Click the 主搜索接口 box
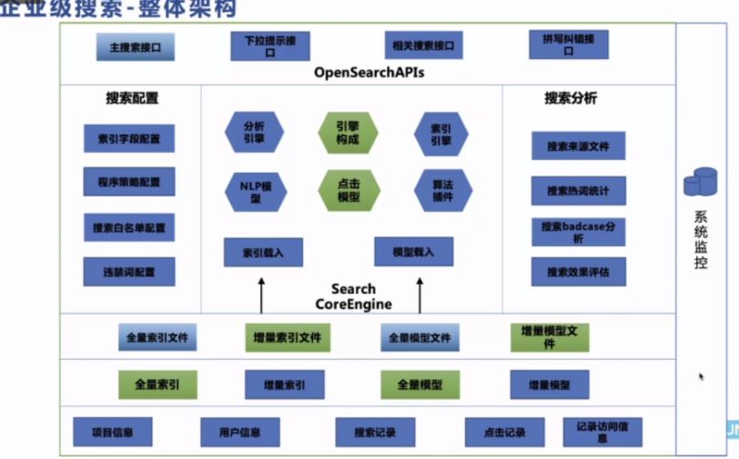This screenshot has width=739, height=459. click(135, 46)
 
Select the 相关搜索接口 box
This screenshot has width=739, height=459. click(423, 45)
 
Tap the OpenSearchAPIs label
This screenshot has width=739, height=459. click(369, 72)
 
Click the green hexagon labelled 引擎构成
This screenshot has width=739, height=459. click(347, 133)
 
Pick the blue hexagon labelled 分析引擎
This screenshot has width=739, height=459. click(254, 133)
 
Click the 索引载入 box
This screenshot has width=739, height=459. click(263, 252)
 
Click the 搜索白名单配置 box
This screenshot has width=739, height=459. click(129, 227)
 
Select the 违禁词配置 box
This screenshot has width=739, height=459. click(129, 272)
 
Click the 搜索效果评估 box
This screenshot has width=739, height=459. click(579, 272)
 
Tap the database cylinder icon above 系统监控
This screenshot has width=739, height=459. click(701, 183)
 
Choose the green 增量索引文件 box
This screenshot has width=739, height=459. click(288, 337)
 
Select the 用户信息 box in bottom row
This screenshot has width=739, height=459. click(240, 433)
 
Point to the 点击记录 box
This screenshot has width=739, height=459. click(504, 433)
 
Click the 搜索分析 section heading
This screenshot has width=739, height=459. click(571, 98)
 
